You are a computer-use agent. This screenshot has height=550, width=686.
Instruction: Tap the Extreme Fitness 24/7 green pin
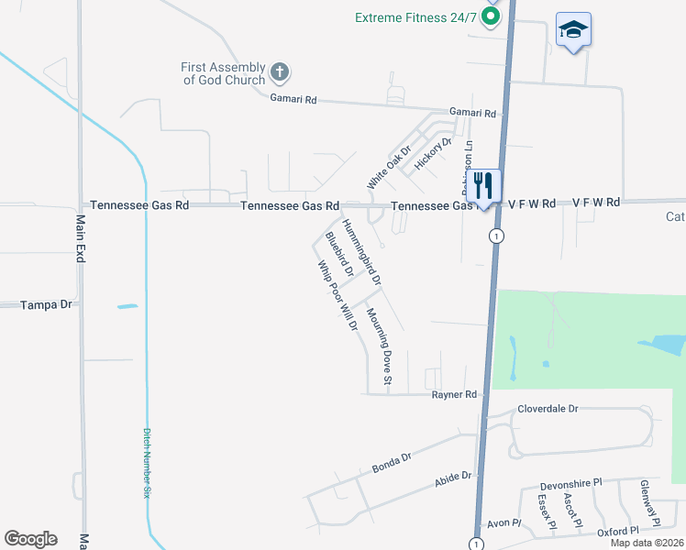492,16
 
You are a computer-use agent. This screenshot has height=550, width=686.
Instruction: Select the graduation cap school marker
573,31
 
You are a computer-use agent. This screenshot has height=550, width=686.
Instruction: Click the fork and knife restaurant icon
483,185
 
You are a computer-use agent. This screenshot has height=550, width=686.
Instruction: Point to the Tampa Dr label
46,304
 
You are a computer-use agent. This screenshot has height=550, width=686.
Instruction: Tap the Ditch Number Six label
146,463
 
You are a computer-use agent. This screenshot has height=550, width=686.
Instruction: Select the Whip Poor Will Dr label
337,296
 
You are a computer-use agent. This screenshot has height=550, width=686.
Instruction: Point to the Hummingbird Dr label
361,250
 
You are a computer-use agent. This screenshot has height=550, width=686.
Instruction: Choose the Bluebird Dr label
339,255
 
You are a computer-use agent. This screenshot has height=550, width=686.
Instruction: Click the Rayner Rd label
456,395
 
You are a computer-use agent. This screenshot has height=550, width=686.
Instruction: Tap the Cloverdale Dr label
548,409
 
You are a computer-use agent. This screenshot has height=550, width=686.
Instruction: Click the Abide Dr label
453,477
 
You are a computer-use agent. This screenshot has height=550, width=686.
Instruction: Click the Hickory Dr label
434,152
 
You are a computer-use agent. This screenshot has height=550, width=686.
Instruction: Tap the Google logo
30,539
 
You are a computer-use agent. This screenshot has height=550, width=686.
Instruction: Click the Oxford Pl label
616,532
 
